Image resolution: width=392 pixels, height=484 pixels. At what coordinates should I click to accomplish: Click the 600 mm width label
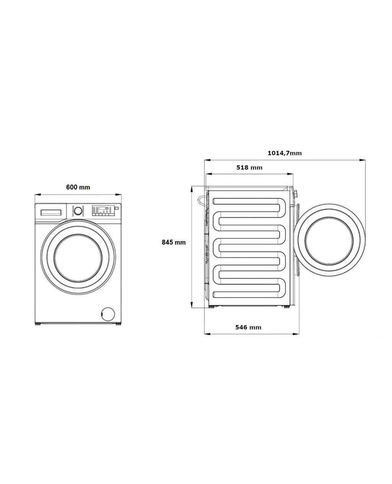(78, 187)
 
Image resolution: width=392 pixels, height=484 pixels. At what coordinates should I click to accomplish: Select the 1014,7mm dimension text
(285, 153)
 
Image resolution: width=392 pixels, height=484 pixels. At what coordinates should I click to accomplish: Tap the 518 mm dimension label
(250, 168)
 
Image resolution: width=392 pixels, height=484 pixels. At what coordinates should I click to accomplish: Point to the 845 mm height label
(174, 243)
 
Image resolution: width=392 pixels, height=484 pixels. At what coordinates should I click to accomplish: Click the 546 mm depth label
(248, 328)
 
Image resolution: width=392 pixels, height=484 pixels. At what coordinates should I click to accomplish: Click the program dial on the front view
(78, 211)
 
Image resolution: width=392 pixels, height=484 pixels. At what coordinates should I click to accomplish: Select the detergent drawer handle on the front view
(51, 213)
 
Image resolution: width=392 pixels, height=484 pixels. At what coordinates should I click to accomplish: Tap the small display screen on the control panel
(102, 208)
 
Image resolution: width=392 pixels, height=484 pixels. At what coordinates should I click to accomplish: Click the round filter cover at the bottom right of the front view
(108, 314)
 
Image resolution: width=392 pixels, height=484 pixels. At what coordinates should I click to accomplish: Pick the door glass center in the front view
(78, 258)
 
